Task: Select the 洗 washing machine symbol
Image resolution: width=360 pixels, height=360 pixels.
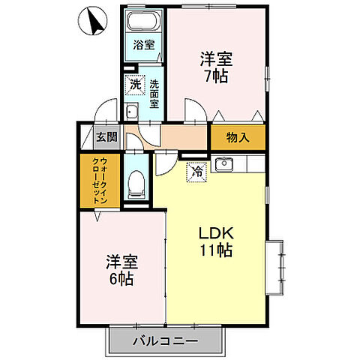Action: (x=135, y=85)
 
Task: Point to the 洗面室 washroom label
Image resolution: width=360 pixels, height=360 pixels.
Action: (x=154, y=93)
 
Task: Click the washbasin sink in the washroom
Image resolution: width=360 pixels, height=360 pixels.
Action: (x=131, y=113)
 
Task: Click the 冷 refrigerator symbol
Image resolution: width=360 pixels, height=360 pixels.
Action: (x=196, y=172)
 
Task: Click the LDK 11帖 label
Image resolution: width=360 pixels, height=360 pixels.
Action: (x=214, y=241)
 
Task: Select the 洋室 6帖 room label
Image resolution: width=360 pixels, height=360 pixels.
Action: (x=121, y=271)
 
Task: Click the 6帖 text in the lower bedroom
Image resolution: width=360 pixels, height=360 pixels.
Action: (x=121, y=280)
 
